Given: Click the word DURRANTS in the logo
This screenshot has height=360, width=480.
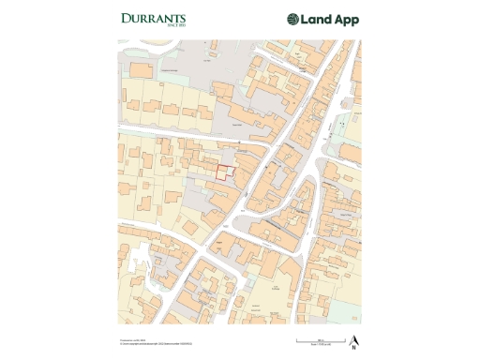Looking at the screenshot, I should [154, 18].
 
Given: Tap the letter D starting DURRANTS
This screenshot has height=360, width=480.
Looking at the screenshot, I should [126, 18].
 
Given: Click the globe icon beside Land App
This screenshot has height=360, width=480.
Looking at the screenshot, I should [293, 19].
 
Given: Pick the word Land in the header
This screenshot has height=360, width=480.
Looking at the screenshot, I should [318, 19].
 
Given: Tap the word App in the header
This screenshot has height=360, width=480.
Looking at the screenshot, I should [347, 20].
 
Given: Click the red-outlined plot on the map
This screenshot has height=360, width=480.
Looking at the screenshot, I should [224, 172].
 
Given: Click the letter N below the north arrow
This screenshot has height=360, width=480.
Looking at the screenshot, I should [353, 347].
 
